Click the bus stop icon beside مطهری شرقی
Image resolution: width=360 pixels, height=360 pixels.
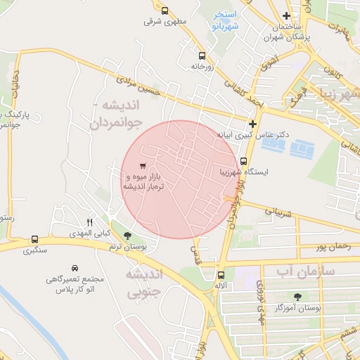coord(165,11)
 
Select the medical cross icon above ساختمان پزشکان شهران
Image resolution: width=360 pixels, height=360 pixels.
coord(285,16)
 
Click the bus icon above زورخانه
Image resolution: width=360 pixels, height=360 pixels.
coord(202,55)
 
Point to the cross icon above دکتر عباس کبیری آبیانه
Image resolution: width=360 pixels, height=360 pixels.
coord(252,124)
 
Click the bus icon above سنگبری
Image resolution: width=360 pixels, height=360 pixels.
coord(35,239)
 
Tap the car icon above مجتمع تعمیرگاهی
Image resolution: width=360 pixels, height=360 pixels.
coord(75,268)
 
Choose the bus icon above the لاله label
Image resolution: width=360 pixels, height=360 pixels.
coord(221,275)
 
